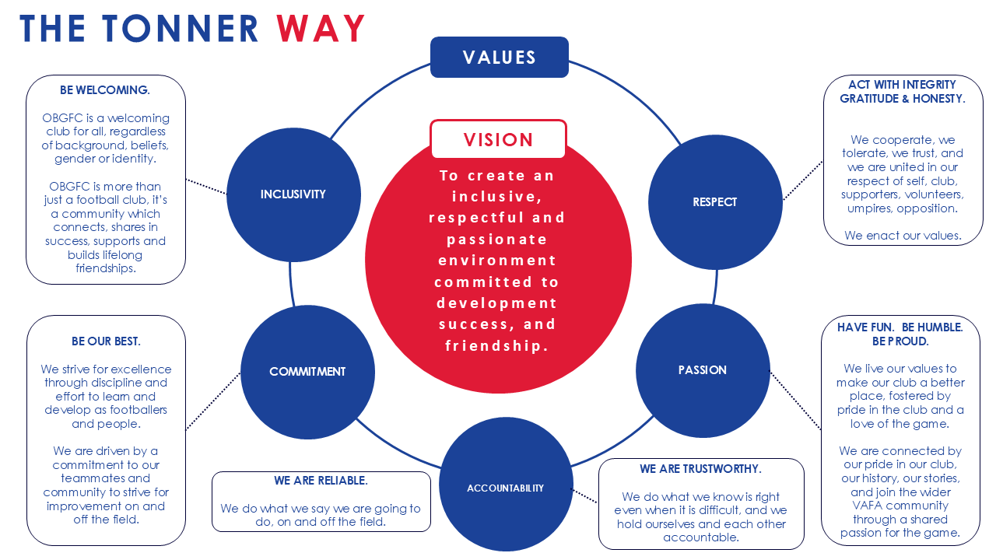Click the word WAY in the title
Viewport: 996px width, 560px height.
click(x=321, y=29)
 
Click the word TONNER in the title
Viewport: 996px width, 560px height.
click(x=181, y=29)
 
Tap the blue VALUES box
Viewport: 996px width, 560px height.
click(x=499, y=58)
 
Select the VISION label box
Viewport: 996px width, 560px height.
click(x=498, y=140)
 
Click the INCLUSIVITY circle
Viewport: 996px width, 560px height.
click(x=293, y=194)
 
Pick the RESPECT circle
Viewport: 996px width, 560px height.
click(x=714, y=202)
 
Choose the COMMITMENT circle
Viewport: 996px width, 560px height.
click(x=307, y=372)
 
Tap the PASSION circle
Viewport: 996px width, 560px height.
click(x=703, y=370)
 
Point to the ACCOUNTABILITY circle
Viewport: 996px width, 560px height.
click(x=506, y=488)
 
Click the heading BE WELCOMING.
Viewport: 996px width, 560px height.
click(x=105, y=90)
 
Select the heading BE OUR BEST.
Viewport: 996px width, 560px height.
click(x=106, y=341)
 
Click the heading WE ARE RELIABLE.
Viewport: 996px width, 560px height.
click(x=321, y=481)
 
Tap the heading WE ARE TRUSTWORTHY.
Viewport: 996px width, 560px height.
click(x=700, y=469)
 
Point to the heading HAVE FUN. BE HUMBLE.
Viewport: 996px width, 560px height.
click(x=900, y=327)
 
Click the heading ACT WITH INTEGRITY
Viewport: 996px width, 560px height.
click(x=903, y=84)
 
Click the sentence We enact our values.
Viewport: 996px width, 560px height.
click(x=903, y=235)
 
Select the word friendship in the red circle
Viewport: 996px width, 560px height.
click(x=497, y=345)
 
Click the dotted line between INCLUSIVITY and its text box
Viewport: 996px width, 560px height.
click(x=206, y=187)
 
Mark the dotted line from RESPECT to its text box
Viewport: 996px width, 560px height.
click(x=803, y=180)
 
